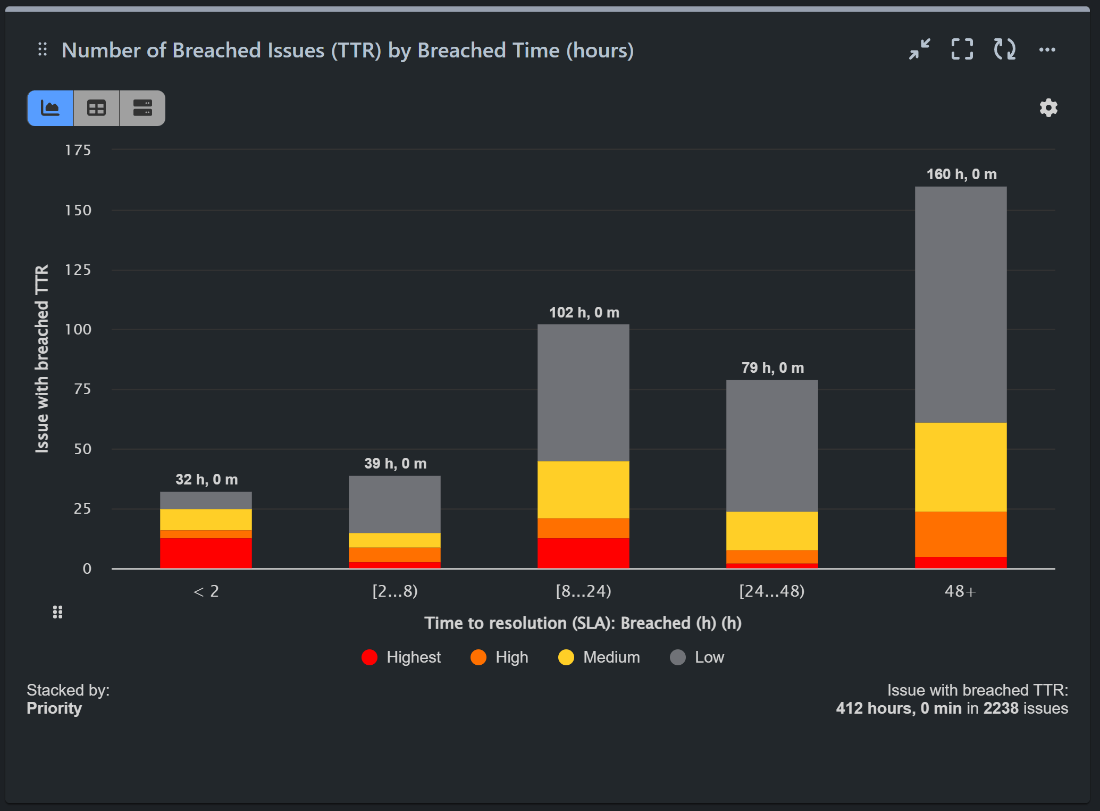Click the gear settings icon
(1048, 108)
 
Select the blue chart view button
(51, 108)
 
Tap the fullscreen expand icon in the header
(962, 49)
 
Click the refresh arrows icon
(1004, 49)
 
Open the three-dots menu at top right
(1047, 49)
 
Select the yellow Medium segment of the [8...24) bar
(583, 489)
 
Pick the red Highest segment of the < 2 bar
(206, 553)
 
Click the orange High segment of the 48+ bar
(960, 534)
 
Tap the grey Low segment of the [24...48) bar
(771, 446)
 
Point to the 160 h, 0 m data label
(961, 174)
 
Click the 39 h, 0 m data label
(395, 464)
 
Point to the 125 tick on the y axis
(78, 270)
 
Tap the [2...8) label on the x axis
(394, 591)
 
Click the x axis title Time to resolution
(583, 623)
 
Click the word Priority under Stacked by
(54, 708)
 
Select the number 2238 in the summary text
(1001, 708)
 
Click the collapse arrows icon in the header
(919, 49)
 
